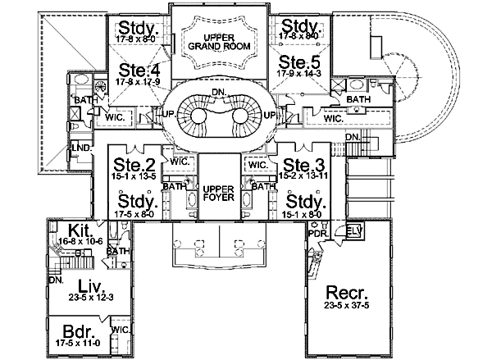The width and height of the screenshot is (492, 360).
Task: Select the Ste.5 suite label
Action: [x=298, y=62]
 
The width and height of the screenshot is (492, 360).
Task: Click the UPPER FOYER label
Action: [x=218, y=194]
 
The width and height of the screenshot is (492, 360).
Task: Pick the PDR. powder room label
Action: [x=317, y=234]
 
